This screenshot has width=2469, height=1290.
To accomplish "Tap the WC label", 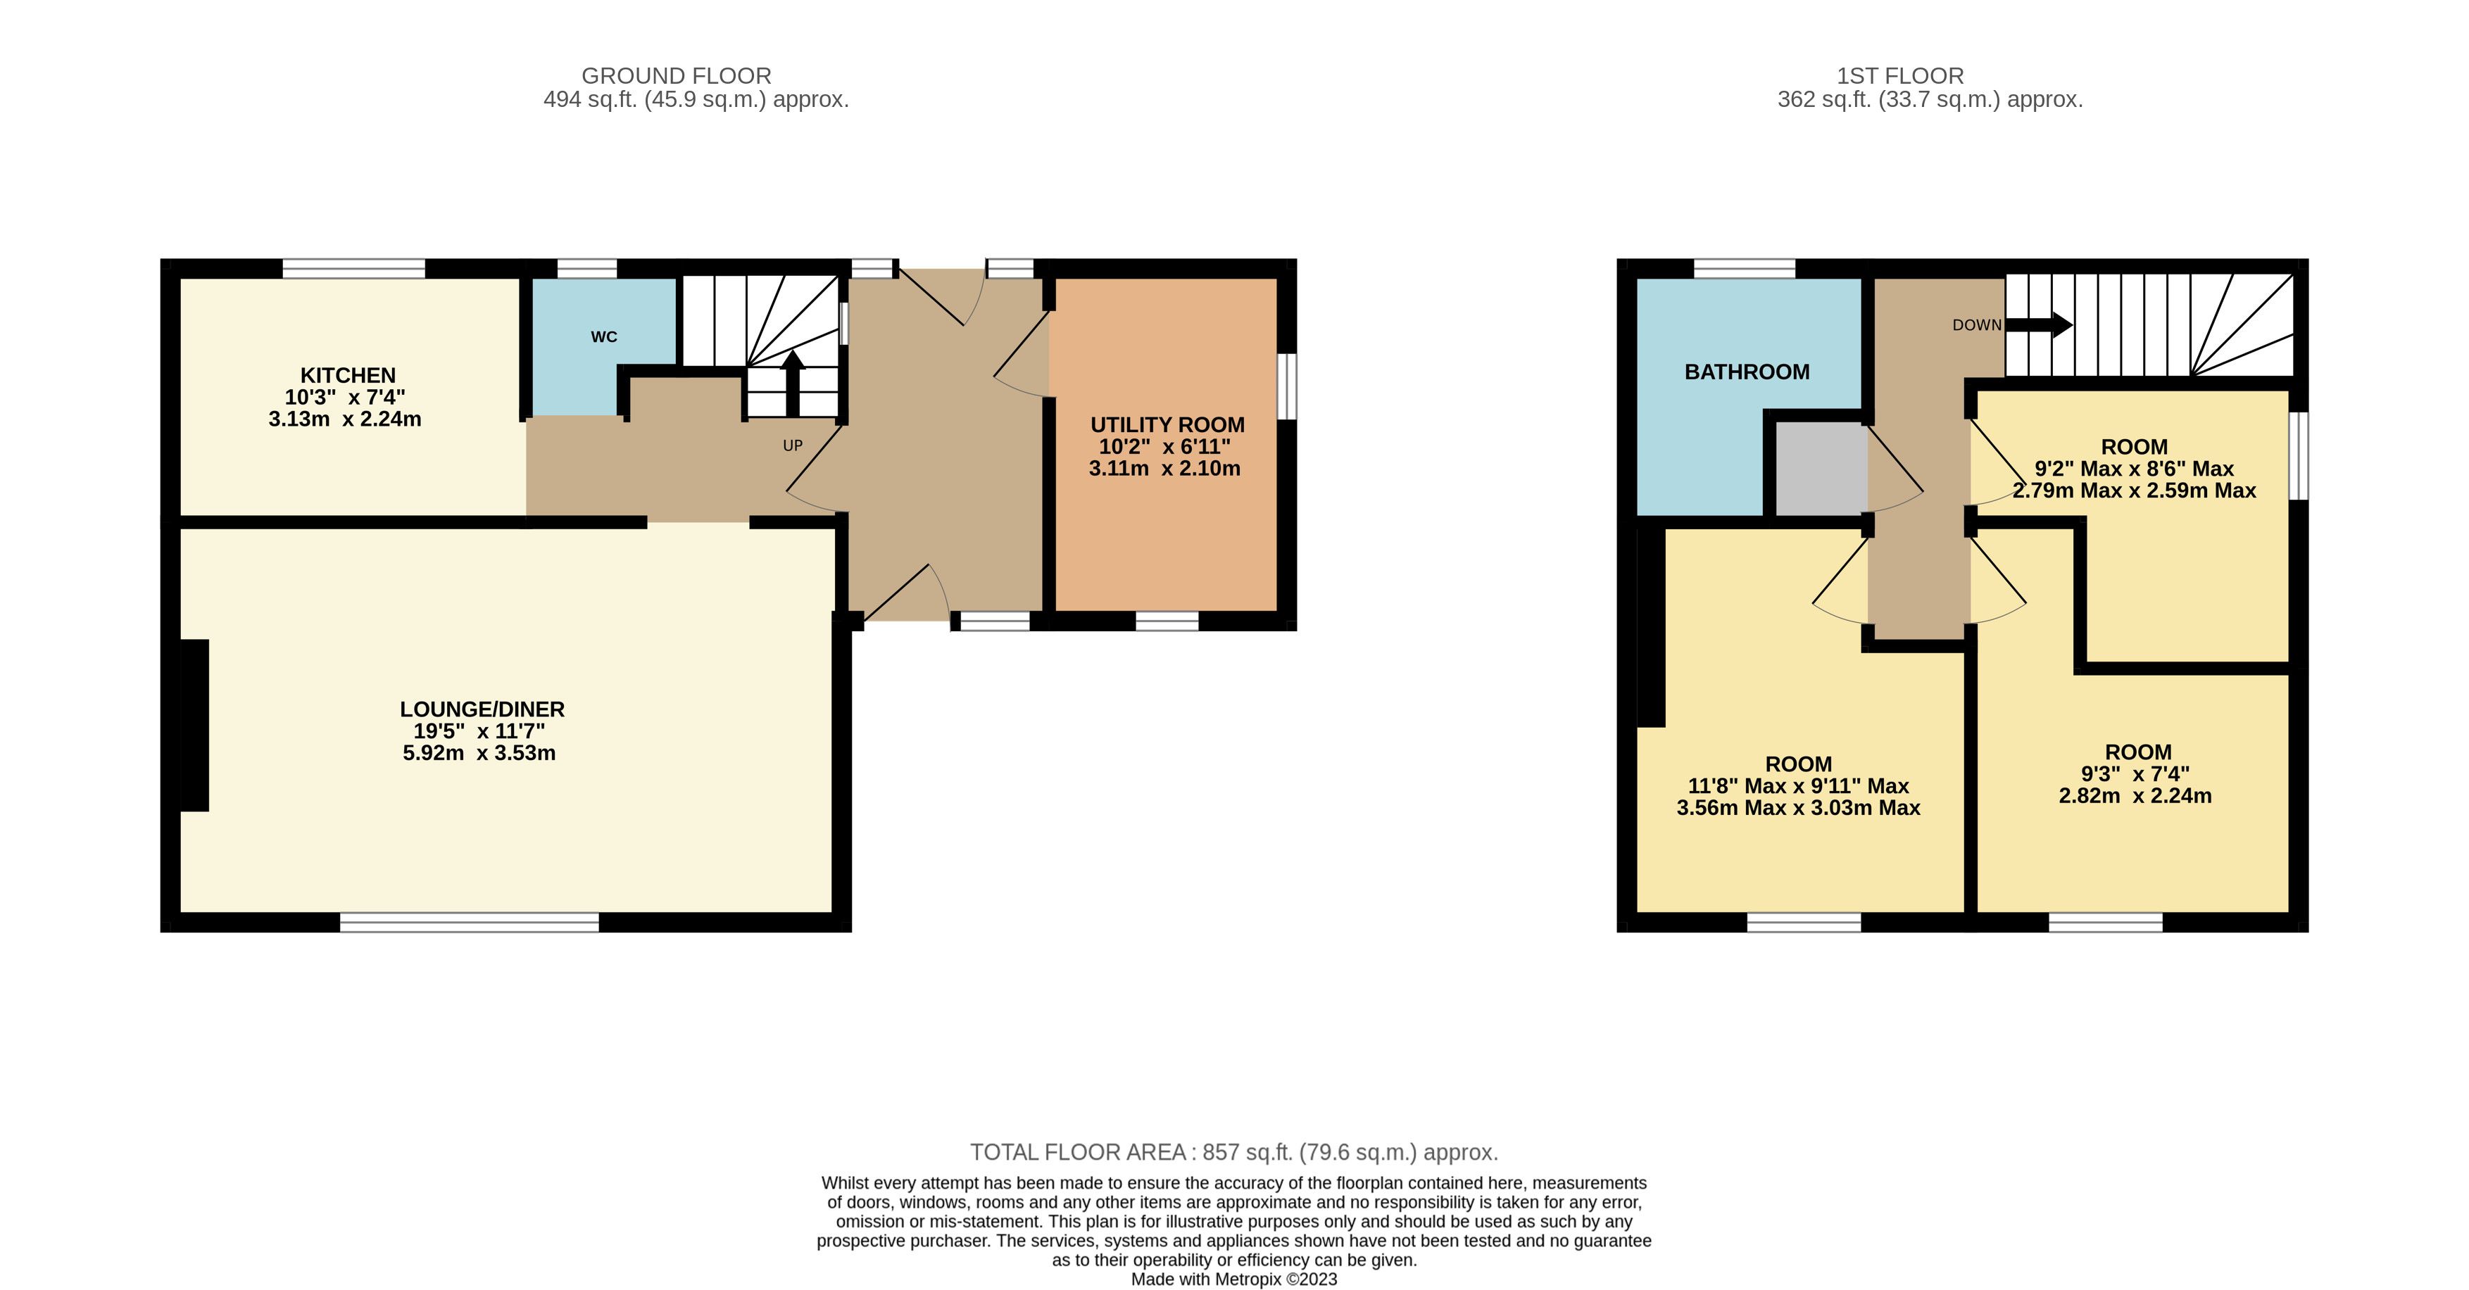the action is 604,337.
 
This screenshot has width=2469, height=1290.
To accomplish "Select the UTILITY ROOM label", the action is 1167,424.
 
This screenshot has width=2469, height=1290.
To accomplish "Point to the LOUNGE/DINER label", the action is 482,709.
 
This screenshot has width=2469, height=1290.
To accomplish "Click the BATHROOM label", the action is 1747,372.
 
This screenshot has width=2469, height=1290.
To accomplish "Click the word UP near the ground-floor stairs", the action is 793,445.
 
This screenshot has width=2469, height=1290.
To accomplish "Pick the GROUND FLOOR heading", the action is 677,76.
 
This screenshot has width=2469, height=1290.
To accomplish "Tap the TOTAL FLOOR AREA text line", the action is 1233,1152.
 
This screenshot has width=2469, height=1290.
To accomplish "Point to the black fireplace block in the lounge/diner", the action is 194,725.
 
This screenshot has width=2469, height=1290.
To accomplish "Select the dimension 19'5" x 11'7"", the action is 479,731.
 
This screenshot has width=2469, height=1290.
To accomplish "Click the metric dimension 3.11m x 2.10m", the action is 1164,469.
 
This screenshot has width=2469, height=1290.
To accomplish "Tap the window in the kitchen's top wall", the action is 353,268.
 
